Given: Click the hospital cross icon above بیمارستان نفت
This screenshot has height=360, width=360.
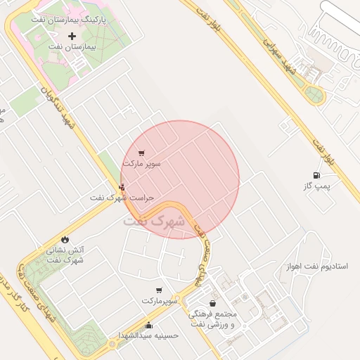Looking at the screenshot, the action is tap(72, 35).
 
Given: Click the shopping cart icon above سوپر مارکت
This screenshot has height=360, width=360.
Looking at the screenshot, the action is tap(142, 153).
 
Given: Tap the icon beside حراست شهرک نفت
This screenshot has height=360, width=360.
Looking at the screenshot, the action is tap(122, 187).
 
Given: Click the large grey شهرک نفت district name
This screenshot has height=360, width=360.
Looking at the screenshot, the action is tap(154, 220).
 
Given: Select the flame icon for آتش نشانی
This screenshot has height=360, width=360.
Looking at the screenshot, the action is tap(65, 239).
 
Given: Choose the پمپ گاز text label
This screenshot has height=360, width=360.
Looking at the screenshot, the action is tap(316, 186).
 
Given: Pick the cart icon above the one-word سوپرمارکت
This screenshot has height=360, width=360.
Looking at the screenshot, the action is tap(160, 290).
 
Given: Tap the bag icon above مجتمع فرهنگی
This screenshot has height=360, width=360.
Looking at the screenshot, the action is tap(212, 303).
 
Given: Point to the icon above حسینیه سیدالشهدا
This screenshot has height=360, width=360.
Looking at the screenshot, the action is tap(149, 325).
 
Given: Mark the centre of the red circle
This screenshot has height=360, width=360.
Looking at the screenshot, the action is tap(180, 179).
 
